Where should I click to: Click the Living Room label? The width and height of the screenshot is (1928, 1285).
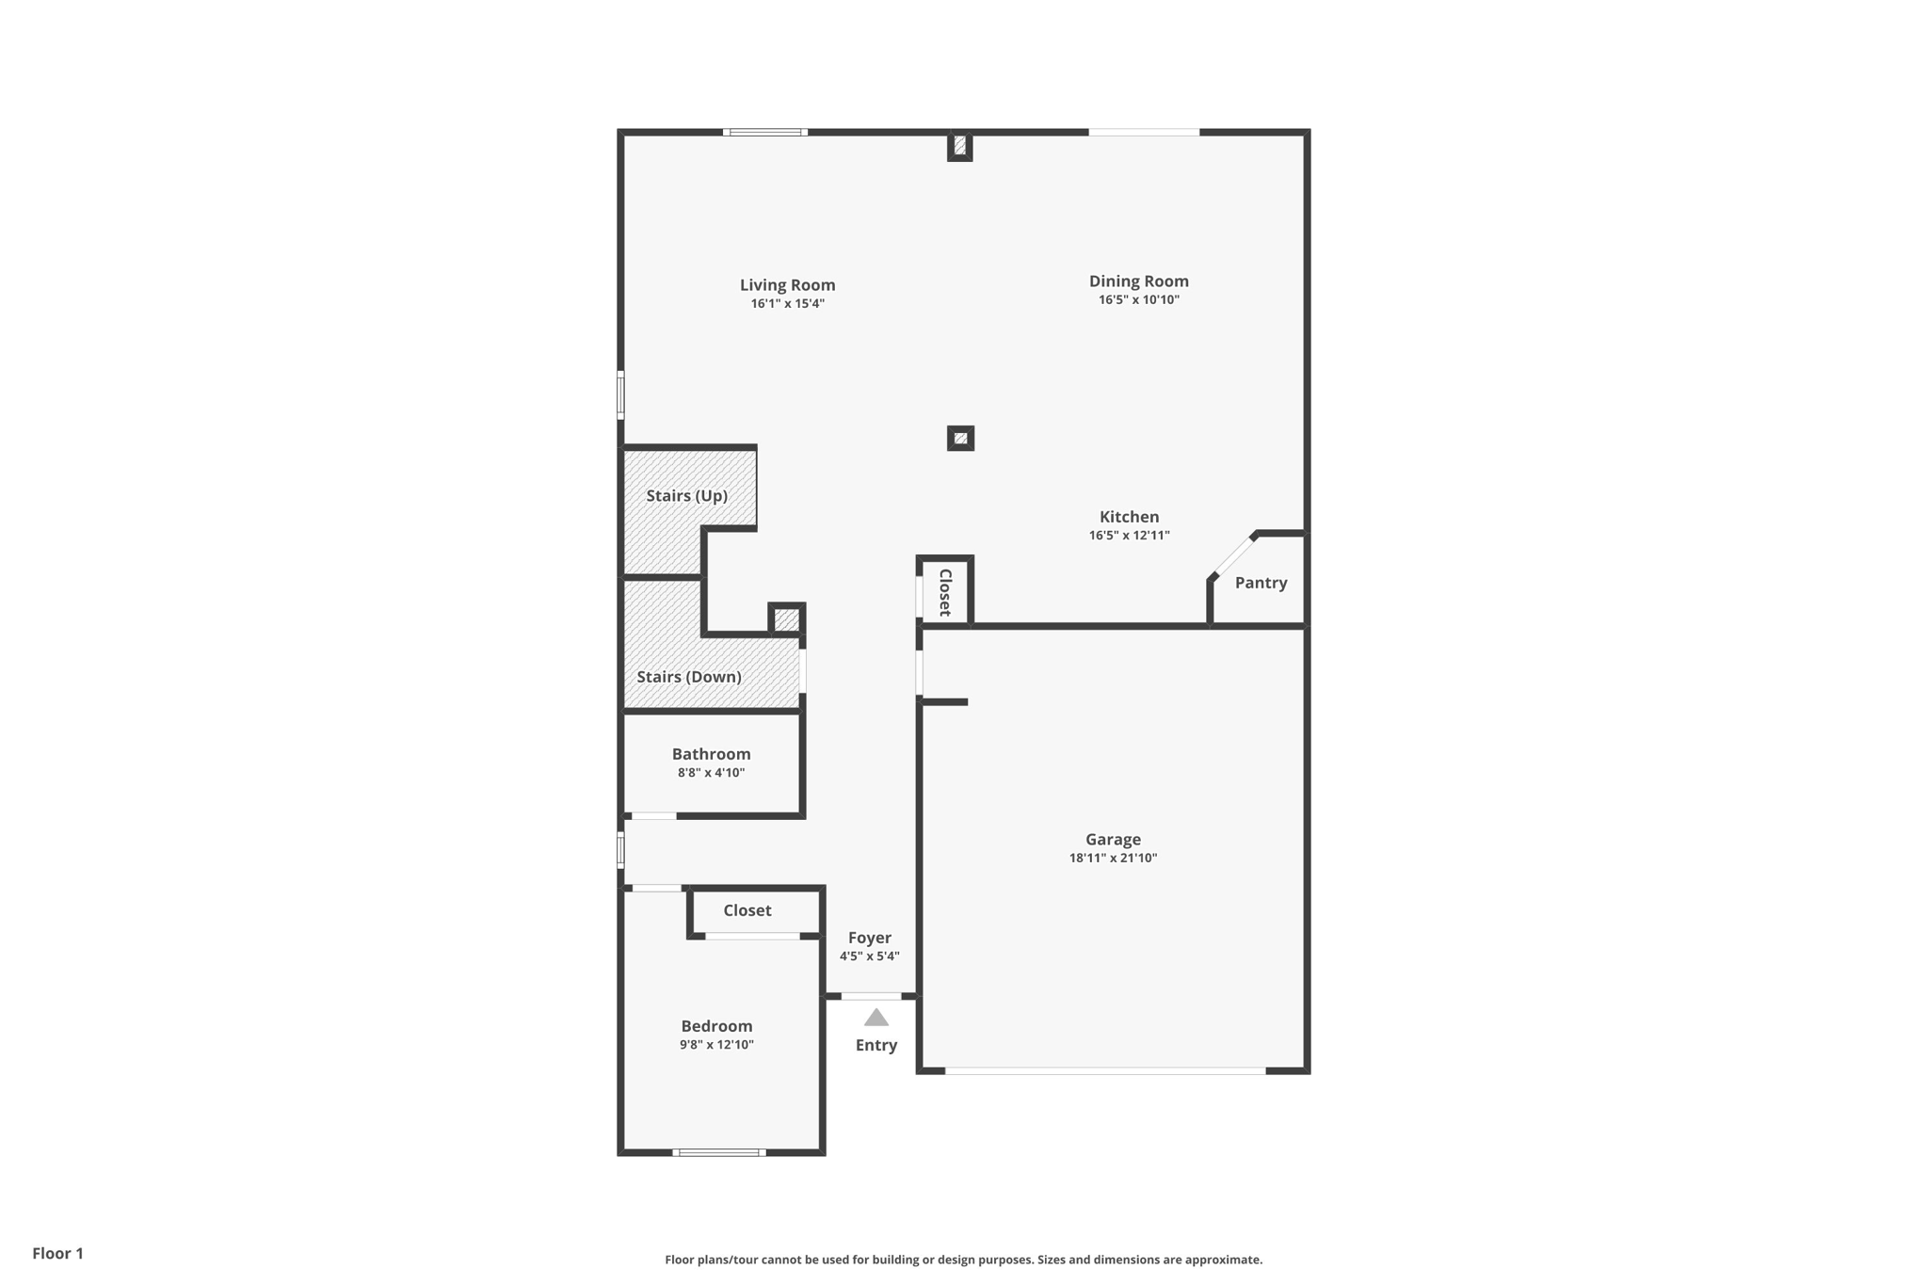tap(787, 285)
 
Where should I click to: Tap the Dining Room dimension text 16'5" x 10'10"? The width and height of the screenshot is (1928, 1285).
tap(1138, 300)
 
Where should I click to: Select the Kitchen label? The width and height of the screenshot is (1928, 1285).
tap(1129, 517)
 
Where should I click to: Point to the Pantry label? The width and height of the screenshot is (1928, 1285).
tap(1261, 583)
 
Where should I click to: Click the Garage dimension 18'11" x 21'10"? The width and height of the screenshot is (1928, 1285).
tap(1113, 859)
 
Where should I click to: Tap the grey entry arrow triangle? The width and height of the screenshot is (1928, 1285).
tap(876, 1018)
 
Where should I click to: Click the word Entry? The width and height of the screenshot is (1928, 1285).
tap(876, 1045)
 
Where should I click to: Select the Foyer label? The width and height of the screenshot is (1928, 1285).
tap(869, 938)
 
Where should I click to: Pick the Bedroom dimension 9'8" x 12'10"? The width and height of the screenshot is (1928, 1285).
tap(716, 1045)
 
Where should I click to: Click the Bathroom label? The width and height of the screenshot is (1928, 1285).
tap(711, 754)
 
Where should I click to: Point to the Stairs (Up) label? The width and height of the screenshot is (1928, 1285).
tap(686, 496)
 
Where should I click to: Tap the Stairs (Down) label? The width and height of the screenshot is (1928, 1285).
tap(688, 677)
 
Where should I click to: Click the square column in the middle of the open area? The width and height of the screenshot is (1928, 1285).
tap(960, 438)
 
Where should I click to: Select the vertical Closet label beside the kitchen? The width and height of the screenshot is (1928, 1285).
tap(945, 592)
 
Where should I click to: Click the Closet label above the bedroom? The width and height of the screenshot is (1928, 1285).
tap(747, 910)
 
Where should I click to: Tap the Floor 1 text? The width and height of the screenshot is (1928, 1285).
tap(57, 1253)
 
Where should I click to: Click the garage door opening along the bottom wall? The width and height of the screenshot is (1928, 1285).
tap(1105, 1070)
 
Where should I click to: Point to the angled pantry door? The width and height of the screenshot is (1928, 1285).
tap(1233, 555)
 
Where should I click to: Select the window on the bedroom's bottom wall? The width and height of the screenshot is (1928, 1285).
tap(719, 1152)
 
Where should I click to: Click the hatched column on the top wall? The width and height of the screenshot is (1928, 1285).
tap(959, 146)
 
